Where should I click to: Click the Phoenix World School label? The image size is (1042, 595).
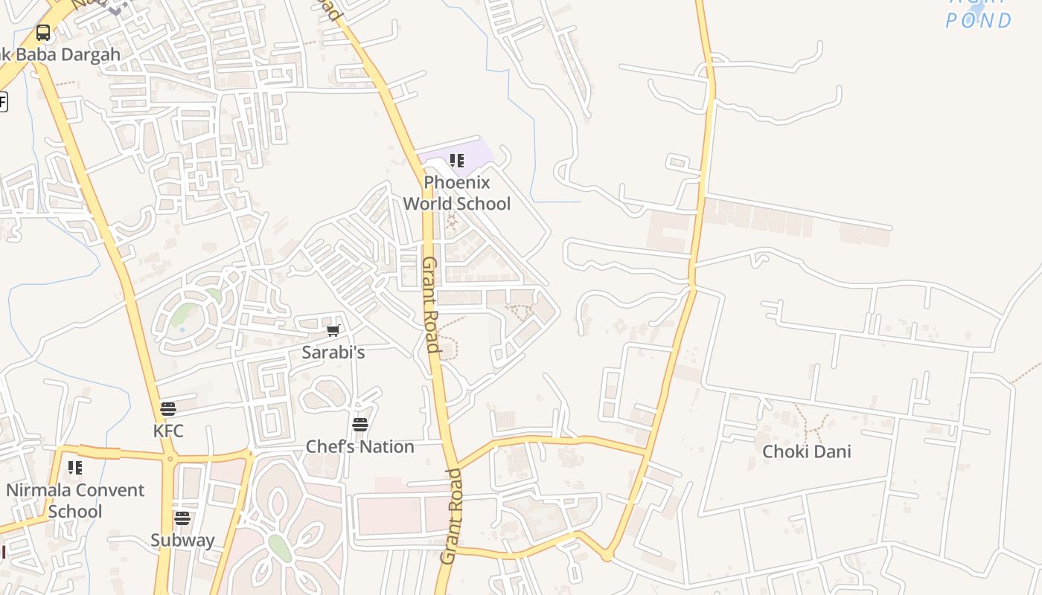point(457,193)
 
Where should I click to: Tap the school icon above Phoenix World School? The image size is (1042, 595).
point(457,160)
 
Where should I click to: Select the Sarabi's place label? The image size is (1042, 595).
point(333,352)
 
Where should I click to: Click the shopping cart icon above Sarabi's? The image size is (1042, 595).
point(333,330)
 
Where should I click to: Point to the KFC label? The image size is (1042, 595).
point(168,431)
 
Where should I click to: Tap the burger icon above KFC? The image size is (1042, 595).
point(168,409)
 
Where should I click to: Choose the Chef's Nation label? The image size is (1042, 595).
point(360,447)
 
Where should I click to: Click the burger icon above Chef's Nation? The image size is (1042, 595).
point(360,425)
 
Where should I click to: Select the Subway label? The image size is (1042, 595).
point(182,541)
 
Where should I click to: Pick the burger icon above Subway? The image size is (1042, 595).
point(182,518)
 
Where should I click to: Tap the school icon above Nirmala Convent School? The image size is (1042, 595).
point(75,468)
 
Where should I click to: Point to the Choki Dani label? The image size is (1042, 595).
point(807,451)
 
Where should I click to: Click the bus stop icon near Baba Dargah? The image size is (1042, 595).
point(43,33)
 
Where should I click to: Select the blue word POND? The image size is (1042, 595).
point(979,21)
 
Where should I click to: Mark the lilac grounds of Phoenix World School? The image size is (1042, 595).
point(476,152)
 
